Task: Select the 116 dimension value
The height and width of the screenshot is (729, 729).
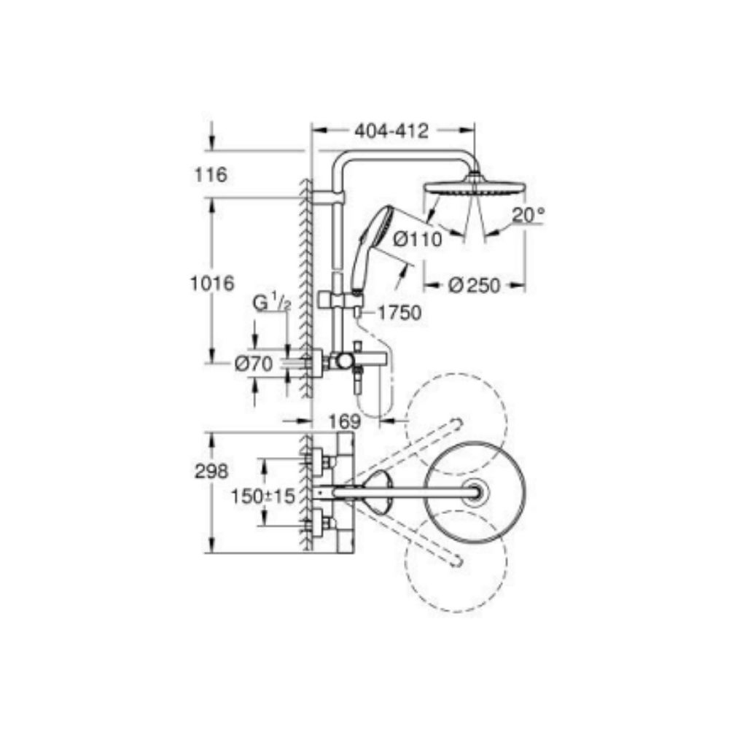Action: pyautogui.click(x=211, y=175)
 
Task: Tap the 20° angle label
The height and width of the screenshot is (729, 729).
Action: pyautogui.click(x=528, y=215)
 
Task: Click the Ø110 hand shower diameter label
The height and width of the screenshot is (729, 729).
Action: pyautogui.click(x=417, y=239)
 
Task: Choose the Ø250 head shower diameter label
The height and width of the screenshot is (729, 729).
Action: pyautogui.click(x=475, y=286)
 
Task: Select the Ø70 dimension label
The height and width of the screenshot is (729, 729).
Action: pyautogui.click(x=253, y=364)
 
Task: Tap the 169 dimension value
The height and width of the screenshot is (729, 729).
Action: pyautogui.click(x=344, y=421)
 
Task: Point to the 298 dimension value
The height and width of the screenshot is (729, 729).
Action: pyautogui.click(x=211, y=471)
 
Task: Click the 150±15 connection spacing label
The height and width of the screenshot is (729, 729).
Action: pyautogui.click(x=262, y=496)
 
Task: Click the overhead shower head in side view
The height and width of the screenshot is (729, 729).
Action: pyautogui.click(x=474, y=186)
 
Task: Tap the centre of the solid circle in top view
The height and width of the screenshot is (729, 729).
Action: pyautogui.click(x=475, y=493)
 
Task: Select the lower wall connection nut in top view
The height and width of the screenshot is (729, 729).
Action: pyautogui.click(x=319, y=523)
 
